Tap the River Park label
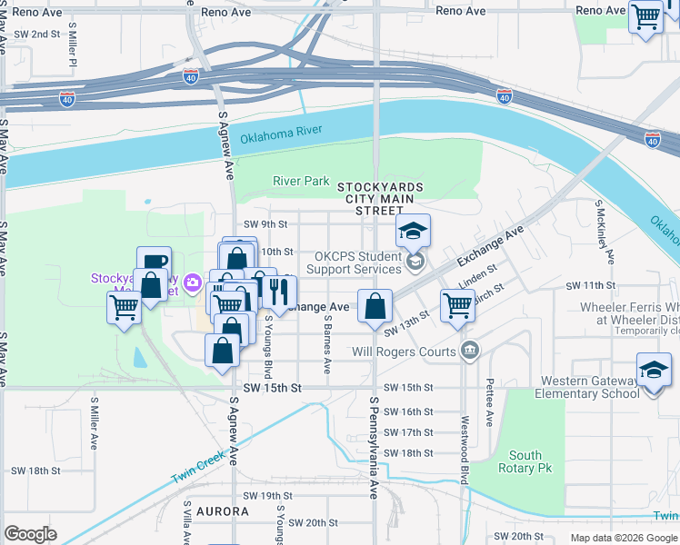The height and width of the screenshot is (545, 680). pos(301,181)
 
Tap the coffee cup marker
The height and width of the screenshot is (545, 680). pos(154,263)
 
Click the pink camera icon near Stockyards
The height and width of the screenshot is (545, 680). pos(192,282)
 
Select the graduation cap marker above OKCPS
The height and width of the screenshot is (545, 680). pos(413,231)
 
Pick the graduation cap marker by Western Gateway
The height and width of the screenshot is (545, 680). pos(654,369)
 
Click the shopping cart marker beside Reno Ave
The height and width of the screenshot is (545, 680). pos(645,15)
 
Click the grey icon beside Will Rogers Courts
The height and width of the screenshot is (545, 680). pos(469,351)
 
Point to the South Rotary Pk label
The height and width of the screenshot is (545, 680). pos(525,461)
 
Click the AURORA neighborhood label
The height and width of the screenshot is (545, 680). pos(222,511)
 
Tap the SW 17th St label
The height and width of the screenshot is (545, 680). pos(408,432)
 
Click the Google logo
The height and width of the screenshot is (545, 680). pos(30,534)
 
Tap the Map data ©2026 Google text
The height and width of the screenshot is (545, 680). pos(623,538)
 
